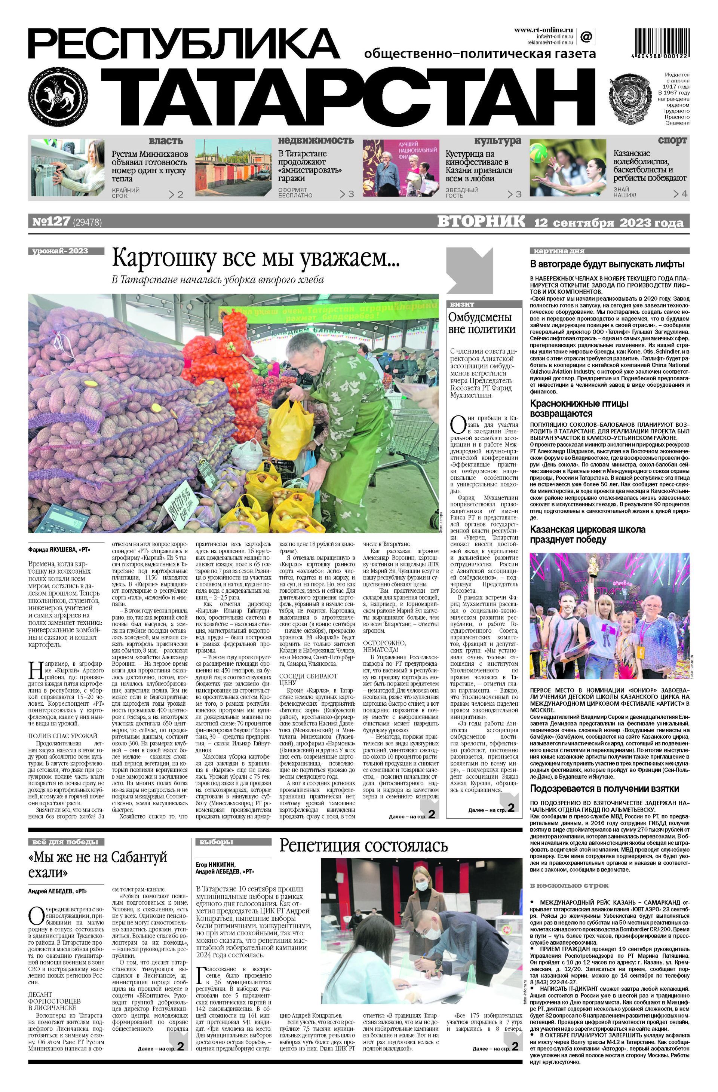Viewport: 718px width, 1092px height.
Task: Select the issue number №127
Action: [50, 222]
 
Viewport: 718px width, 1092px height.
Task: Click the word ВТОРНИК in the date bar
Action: [481, 222]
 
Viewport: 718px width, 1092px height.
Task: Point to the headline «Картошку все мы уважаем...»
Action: [257, 258]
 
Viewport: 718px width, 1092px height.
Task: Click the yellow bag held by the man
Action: [288, 427]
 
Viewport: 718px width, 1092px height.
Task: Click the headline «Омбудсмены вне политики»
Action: [481, 323]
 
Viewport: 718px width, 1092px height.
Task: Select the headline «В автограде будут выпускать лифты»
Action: [607, 264]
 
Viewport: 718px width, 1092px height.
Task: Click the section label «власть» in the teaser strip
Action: [166, 140]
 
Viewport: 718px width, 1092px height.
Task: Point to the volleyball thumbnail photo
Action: [568, 168]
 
